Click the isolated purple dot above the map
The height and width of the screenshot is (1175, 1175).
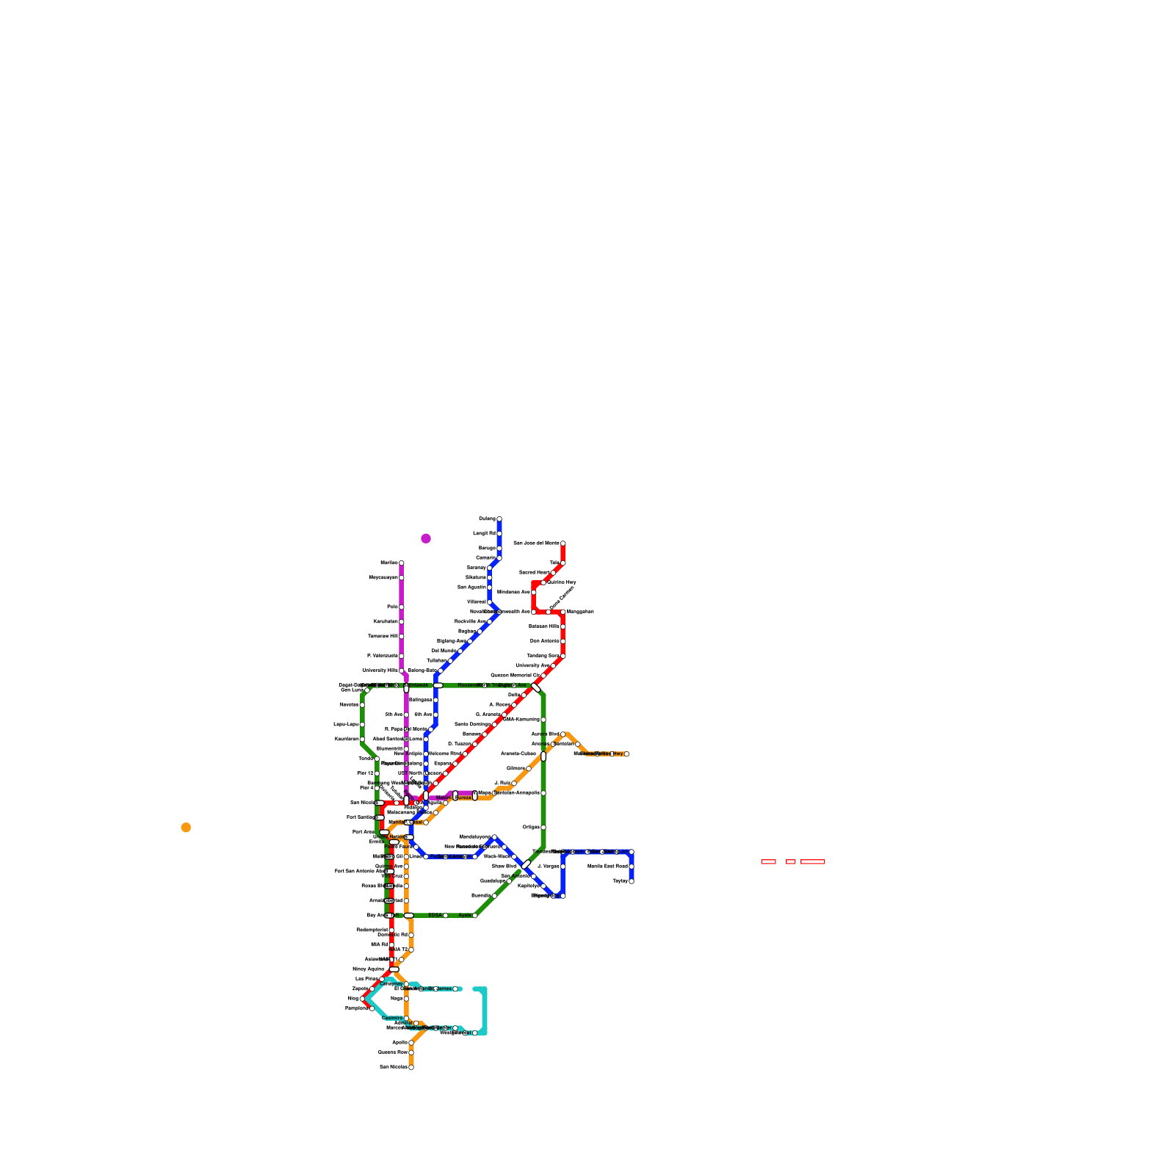click(426, 538)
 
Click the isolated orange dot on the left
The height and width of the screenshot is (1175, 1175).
click(186, 828)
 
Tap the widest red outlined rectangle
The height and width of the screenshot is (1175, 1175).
click(813, 861)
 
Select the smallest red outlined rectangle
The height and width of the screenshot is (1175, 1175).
click(791, 861)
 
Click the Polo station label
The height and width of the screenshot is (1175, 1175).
click(392, 607)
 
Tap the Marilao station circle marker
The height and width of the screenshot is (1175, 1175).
click(402, 563)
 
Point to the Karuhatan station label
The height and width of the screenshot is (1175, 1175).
click(386, 621)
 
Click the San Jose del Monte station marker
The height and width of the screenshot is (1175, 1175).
click(563, 543)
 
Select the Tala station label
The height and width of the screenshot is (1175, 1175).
click(554, 563)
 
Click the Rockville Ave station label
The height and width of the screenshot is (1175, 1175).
click(470, 621)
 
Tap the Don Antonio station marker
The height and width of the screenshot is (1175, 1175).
click(563, 641)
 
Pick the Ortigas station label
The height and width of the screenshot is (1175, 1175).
click(531, 827)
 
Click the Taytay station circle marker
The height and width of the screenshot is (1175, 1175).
click(632, 881)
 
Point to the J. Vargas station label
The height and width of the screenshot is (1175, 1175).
click(548, 867)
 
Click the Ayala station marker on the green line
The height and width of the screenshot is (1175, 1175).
click(475, 916)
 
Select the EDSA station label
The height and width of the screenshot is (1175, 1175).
click(435, 915)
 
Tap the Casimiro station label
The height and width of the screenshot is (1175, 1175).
click(391, 1018)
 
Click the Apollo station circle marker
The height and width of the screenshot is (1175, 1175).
click(411, 1043)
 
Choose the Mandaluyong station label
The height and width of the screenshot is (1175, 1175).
click(474, 836)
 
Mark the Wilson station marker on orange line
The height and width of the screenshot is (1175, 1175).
click(529, 769)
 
